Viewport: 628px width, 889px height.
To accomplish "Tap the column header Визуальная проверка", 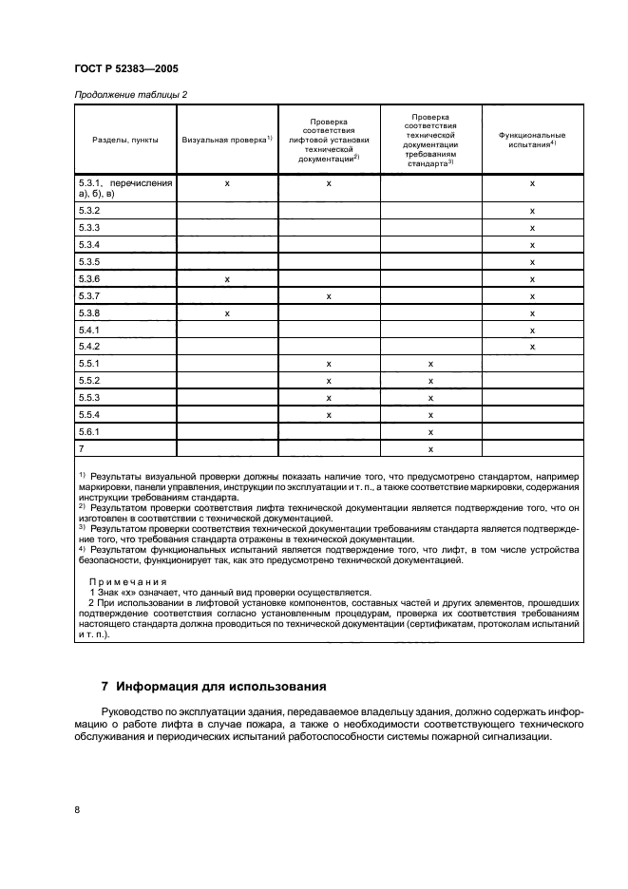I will click(226, 139).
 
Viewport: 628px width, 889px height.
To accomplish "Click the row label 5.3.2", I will click(87, 210).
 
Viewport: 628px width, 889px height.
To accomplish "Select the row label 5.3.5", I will click(87, 261).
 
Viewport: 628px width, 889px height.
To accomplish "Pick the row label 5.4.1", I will click(87, 330).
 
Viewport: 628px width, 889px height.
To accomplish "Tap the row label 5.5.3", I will click(87, 398).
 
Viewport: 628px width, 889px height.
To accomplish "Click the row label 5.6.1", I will click(87, 432).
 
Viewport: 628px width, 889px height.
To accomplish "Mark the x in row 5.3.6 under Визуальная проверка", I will click(227, 279).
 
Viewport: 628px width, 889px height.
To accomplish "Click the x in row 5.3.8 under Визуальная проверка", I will click(227, 313).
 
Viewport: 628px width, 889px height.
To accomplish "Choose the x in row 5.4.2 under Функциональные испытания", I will click(532, 347).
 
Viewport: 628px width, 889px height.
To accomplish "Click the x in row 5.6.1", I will click(430, 432).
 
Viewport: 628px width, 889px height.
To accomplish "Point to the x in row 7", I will click(430, 449).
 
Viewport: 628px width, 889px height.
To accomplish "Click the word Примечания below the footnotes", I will click(127, 581).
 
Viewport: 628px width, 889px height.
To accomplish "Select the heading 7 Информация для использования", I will click(214, 686).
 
